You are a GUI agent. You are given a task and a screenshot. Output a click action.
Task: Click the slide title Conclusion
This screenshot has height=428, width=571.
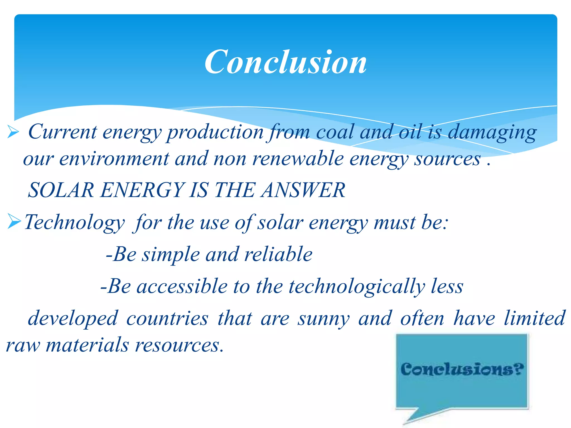(285, 62)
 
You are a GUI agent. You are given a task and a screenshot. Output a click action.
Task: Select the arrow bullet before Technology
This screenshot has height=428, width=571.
(14, 221)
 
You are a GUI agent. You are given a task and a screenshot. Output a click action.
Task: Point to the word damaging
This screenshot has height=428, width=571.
(492, 132)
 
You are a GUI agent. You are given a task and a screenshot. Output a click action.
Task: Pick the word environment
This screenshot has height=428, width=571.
(114, 159)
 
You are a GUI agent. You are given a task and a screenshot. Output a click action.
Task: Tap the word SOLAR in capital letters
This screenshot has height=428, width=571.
(61, 190)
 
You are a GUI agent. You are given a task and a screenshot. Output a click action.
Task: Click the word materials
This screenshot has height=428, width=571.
(87, 345)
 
